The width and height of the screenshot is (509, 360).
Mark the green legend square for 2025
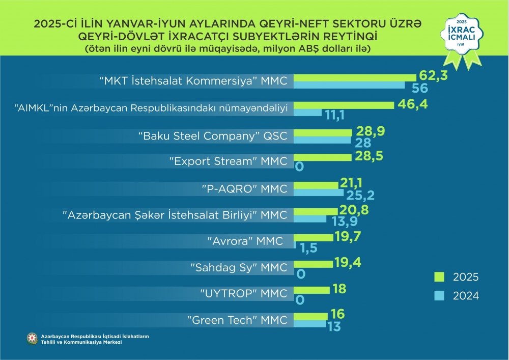pos(439,276)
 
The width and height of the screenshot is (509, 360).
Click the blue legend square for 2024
pos(439,295)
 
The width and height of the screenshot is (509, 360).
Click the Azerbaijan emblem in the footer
pos(32,339)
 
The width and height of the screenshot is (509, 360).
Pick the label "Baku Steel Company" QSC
pos(213,136)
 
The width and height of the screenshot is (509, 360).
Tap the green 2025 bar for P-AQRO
pos(316,185)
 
